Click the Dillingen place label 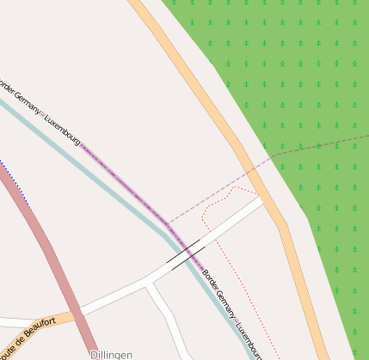111,354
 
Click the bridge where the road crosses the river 187,255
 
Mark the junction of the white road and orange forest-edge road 263,200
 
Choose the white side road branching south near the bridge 168,318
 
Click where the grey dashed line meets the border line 168,223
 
